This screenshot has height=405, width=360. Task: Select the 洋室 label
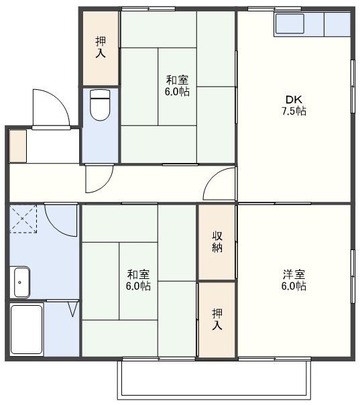click(x=294, y=274)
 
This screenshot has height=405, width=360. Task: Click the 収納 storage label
click(x=217, y=241)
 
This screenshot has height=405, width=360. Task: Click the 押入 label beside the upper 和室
click(x=100, y=46)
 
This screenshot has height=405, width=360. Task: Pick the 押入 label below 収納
click(x=217, y=319)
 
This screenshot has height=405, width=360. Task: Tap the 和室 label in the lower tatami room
click(x=138, y=274)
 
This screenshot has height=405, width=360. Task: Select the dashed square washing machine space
click(x=23, y=218)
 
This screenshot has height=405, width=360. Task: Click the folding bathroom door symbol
click(x=72, y=309)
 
